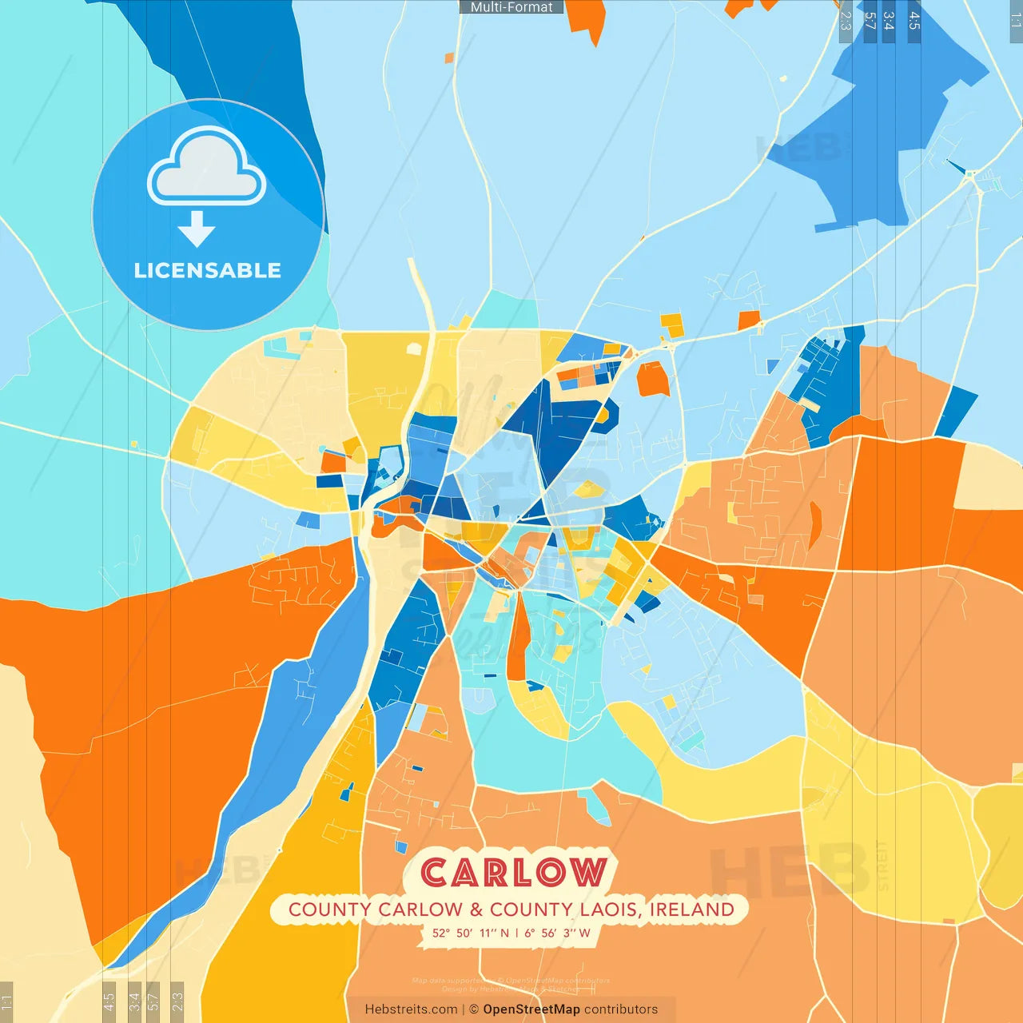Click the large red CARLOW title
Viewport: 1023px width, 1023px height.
click(x=513, y=873)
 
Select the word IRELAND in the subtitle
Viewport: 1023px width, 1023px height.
click(x=691, y=910)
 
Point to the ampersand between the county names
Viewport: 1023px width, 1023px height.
click(x=476, y=910)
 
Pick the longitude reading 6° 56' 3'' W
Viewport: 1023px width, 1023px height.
click(x=557, y=933)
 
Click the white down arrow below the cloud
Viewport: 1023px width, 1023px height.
click(x=197, y=229)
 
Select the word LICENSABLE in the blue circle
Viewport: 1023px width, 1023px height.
click(x=207, y=270)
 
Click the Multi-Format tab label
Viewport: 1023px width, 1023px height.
click(x=511, y=7)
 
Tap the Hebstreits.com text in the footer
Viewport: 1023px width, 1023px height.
click(x=411, y=1009)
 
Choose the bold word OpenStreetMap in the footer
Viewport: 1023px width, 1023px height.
click(x=531, y=1009)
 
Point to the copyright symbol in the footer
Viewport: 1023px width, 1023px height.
click(x=474, y=1009)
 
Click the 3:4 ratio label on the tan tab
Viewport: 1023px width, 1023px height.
click(x=134, y=1001)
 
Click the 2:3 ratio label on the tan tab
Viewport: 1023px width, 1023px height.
click(x=177, y=1001)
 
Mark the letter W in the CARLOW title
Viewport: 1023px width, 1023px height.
click(x=588, y=873)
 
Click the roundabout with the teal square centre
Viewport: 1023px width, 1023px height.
click(x=970, y=173)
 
